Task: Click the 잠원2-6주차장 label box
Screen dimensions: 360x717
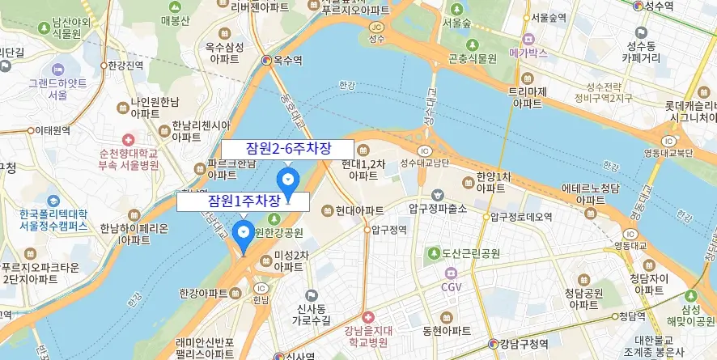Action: (287, 150)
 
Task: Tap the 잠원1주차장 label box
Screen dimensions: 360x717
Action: (243, 201)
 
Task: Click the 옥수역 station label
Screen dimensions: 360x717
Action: (287, 60)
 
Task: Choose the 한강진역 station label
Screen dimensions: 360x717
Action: (125, 66)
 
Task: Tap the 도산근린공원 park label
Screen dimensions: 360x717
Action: (470, 253)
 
